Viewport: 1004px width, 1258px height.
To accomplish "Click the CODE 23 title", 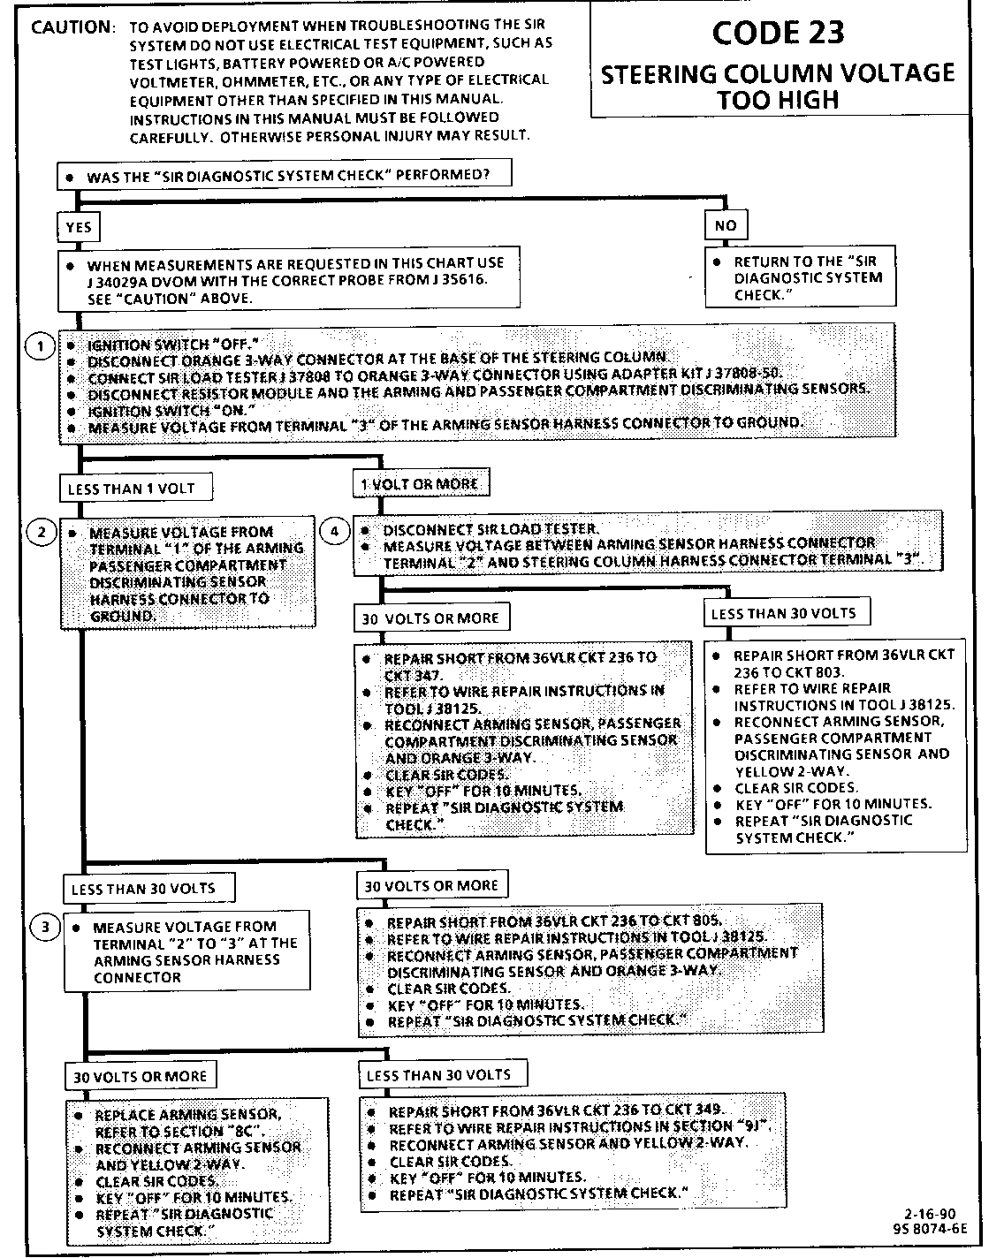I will (778, 34).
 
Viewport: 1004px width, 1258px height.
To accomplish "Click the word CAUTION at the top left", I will (72, 27).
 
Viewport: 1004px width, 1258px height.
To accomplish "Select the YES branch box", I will (79, 227).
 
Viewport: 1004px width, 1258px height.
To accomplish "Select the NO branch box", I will (726, 225).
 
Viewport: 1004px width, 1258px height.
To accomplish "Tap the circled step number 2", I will (41, 532).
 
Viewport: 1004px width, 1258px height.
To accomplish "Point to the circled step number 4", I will (334, 531).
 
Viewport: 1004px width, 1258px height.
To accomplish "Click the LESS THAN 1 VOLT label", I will (126, 488).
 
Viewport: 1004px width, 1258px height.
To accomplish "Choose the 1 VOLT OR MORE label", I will (420, 484).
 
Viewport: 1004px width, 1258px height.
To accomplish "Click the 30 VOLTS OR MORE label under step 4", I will (430, 618).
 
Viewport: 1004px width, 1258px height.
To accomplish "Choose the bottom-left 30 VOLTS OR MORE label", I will (140, 1077).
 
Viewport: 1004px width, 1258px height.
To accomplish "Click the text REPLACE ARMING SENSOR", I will (188, 1116).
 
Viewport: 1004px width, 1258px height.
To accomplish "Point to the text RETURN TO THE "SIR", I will (804, 261).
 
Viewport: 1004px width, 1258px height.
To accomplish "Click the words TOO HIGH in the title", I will (778, 100).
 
